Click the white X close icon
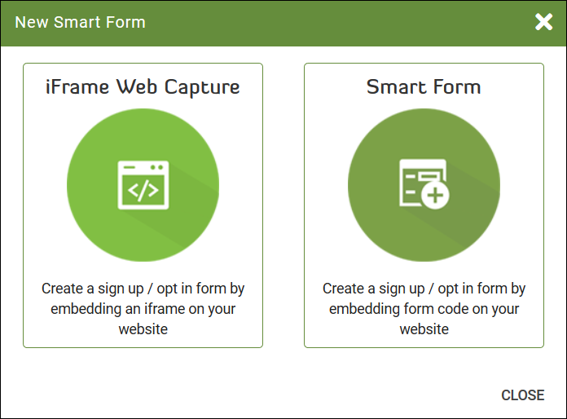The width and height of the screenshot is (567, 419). point(543,22)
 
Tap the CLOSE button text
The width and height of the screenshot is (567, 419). point(522,395)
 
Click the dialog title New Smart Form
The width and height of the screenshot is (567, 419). point(81,22)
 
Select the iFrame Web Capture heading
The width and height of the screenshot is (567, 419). point(143,87)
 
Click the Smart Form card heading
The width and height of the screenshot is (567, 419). point(424,87)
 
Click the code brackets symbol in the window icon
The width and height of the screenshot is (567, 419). point(143,190)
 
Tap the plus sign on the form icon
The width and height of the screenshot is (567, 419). point(435,196)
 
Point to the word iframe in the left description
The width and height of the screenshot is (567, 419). point(165,309)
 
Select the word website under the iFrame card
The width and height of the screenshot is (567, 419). point(143,329)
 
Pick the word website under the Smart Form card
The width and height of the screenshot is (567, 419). point(424,329)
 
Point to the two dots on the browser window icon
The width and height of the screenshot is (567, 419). point(157,167)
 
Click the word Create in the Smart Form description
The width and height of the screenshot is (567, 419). point(344,289)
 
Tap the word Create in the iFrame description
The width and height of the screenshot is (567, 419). point(63,289)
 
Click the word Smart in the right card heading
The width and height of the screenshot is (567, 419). point(396,87)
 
